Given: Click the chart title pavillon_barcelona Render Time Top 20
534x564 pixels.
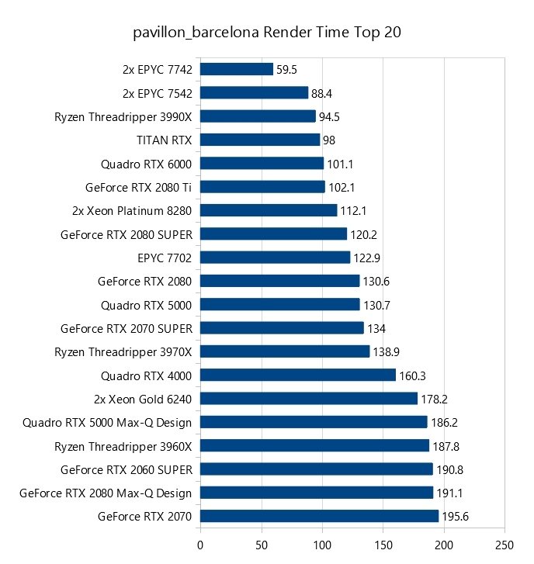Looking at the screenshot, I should coord(267,33).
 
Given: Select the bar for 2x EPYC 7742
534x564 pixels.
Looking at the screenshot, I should coord(237,70).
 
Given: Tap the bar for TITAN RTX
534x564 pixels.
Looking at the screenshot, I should coord(260,140).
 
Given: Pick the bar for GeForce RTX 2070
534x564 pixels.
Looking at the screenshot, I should coord(320,516).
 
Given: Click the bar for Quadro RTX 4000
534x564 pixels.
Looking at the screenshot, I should coord(298,375).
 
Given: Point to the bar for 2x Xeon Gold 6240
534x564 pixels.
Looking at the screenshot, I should coord(309,399).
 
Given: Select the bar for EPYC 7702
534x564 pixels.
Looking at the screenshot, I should coord(276,258).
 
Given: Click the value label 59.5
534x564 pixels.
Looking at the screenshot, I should coord(287,70).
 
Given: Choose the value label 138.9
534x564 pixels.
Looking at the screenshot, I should coord(387,351).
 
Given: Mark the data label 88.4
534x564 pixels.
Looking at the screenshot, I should coord(322,93).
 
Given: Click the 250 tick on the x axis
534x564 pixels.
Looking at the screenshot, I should coord(505,545).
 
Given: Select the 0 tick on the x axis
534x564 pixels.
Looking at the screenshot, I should coord(200,545).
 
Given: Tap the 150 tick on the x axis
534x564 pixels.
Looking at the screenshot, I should coord(383,545).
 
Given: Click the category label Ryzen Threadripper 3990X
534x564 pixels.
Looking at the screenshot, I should coord(123,116).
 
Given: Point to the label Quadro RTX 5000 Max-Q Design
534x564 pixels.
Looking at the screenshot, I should coord(108,422).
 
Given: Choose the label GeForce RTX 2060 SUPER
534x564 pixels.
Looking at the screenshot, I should coord(127,469).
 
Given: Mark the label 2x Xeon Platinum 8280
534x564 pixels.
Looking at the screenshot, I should coord(132,210).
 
